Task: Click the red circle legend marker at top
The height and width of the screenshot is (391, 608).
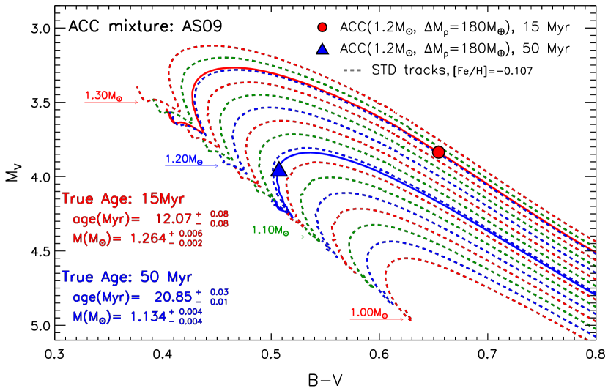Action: click(322, 27)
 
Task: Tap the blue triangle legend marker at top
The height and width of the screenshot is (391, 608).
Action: click(322, 50)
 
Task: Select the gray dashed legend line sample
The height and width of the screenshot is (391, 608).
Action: click(352, 70)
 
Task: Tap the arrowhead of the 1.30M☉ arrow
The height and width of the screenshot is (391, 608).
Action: click(136, 103)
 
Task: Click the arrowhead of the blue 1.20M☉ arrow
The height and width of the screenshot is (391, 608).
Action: click(216, 166)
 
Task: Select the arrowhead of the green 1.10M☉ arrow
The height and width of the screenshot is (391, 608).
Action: click(302, 237)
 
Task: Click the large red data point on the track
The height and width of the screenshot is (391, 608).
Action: click(438, 152)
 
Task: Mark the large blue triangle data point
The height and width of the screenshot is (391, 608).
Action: click(278, 170)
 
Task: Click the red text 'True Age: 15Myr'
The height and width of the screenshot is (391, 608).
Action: click(123, 199)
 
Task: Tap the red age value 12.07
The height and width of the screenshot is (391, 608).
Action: click(173, 218)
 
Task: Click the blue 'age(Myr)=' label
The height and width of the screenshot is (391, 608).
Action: click(106, 297)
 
